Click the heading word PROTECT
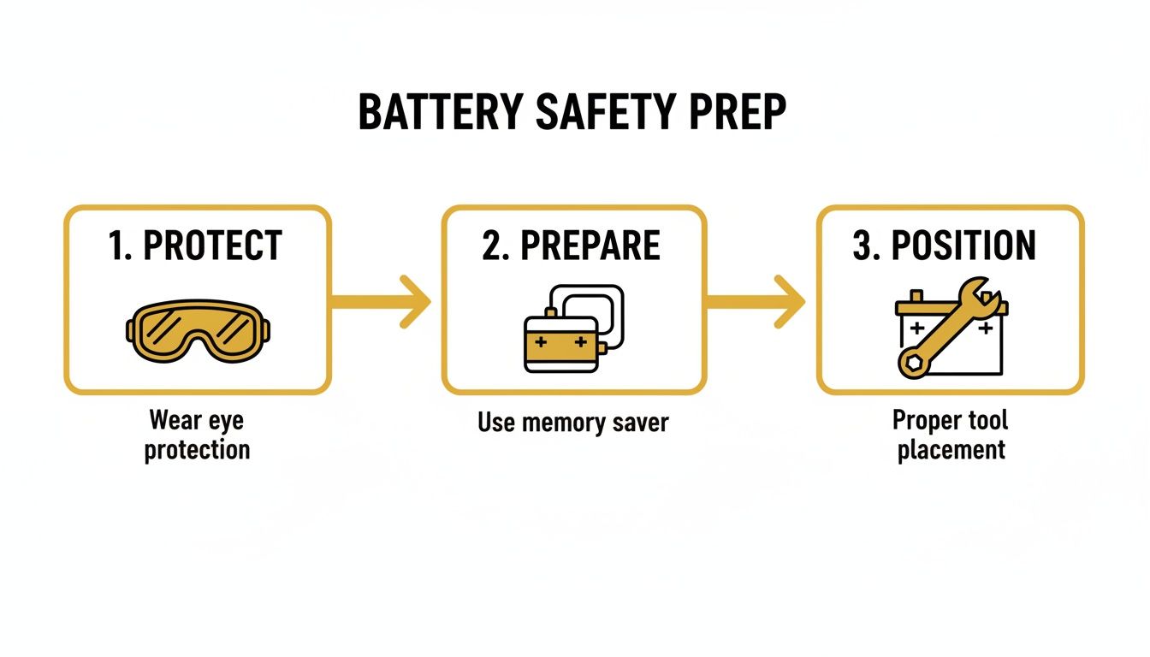coord(212,246)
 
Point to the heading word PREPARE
coord(590,246)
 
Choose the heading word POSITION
coord(963,246)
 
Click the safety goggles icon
coord(198,331)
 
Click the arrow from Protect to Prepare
coord(381,301)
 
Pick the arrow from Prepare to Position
coord(756,301)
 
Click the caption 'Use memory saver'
coord(572,422)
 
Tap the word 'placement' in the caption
coord(951,449)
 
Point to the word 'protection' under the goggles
coord(197,450)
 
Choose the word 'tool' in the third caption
coord(987,420)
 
